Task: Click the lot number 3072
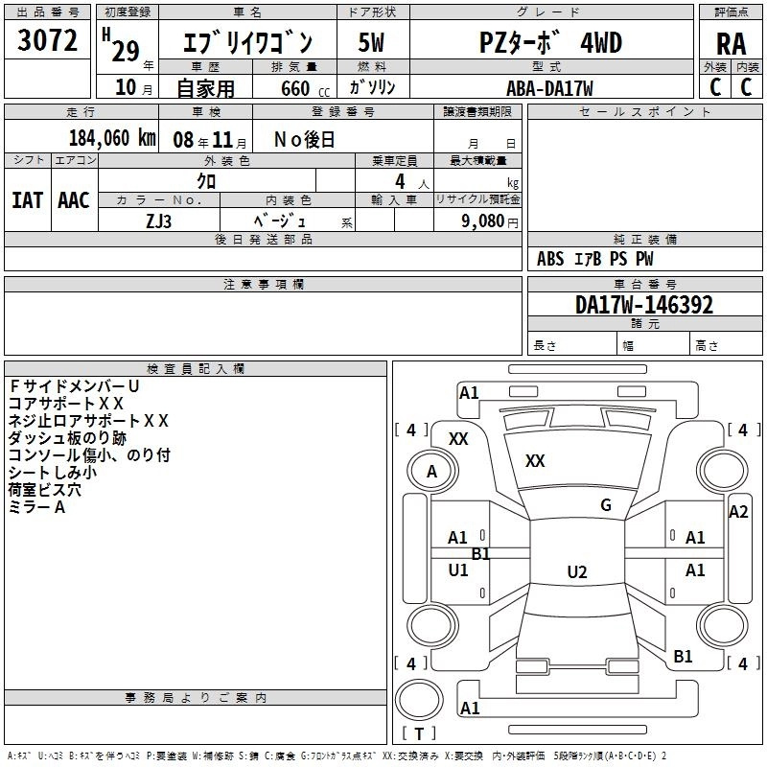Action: coord(48,39)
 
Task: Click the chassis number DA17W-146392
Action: coord(643,305)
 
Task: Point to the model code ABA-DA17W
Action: coord(549,88)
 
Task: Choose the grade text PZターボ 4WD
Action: coord(550,43)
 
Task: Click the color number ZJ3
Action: coord(159,220)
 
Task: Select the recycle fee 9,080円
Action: coord(489,221)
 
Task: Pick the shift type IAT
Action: coord(27,200)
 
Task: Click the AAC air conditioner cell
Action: coord(73,200)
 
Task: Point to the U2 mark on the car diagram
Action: coord(576,571)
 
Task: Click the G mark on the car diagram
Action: coord(605,505)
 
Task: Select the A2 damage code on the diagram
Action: coord(738,512)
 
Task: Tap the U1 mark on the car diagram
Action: coord(458,569)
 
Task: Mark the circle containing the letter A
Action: coord(431,471)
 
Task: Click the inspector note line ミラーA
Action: coord(36,507)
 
